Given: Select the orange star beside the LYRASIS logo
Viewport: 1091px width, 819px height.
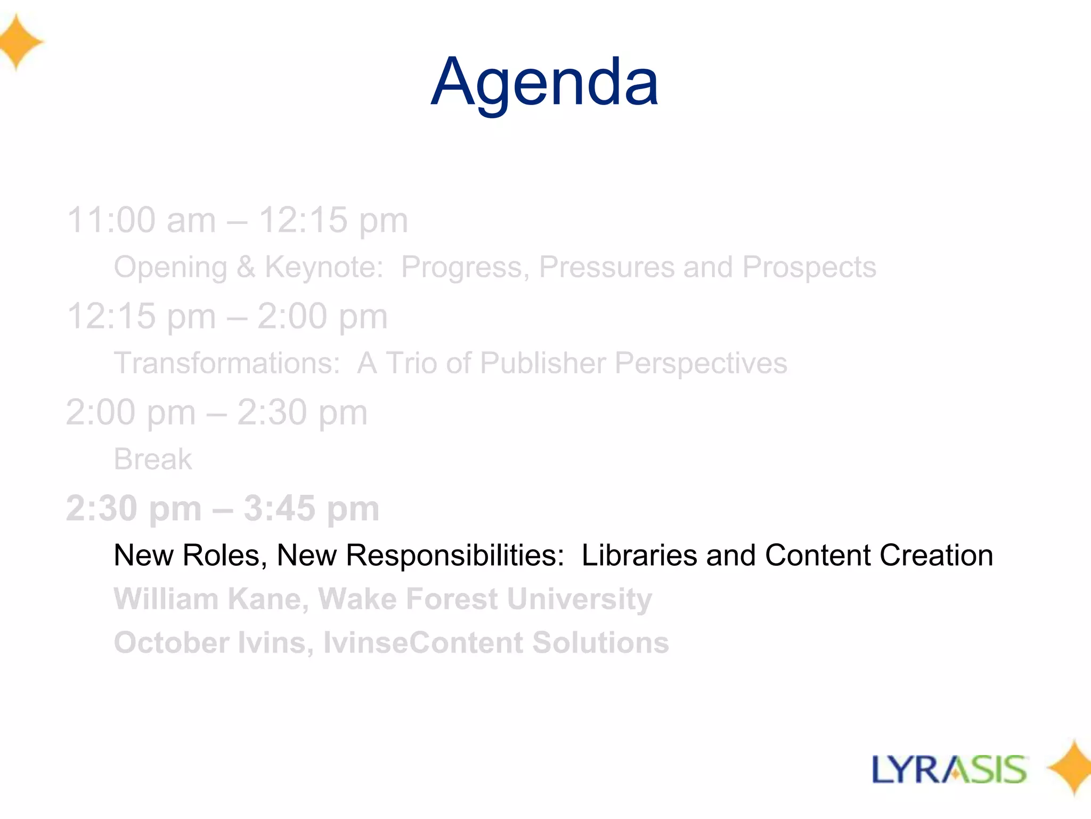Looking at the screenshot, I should click(x=1071, y=768).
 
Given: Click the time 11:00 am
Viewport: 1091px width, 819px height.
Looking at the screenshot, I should click(x=141, y=220).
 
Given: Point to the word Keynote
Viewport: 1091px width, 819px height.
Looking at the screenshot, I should click(x=323, y=267).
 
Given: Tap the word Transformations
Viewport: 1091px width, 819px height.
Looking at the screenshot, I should click(x=227, y=363).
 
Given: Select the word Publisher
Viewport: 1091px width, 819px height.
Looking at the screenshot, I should click(x=542, y=363).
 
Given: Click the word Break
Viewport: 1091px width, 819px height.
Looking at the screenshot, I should click(x=153, y=459).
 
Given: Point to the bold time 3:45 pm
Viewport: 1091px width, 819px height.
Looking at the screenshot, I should click(x=311, y=508).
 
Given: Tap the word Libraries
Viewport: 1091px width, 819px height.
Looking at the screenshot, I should click(x=639, y=555).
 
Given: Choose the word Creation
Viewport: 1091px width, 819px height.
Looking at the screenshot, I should click(x=936, y=555).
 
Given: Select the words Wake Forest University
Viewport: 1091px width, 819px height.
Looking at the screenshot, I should click(x=485, y=599).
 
